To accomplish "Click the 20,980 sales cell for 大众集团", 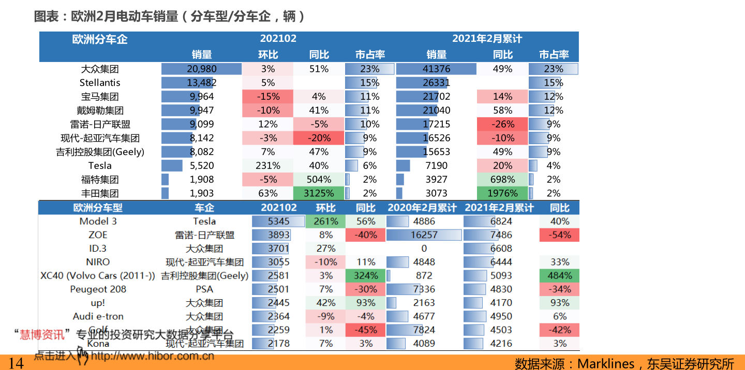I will click(x=201, y=69).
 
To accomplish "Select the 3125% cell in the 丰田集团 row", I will click(x=319, y=193).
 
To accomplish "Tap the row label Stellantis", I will click(x=100, y=83).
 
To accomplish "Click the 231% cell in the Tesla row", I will click(x=267, y=165).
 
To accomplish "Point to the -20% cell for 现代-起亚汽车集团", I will click(x=319, y=138).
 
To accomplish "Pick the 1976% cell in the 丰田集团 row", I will click(x=502, y=193).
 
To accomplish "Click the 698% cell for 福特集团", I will click(x=502, y=179).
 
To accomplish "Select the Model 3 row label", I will click(x=98, y=221).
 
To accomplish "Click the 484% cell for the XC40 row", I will click(x=559, y=275).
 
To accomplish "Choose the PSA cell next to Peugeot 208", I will click(x=204, y=289).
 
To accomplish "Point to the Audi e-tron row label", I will click(x=98, y=316).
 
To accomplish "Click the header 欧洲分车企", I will click(x=100, y=39).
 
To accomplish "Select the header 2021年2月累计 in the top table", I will click(x=487, y=39).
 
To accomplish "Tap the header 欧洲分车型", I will click(x=98, y=208).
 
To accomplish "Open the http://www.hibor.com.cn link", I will click(x=152, y=356).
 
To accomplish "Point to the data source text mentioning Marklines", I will click(x=624, y=364).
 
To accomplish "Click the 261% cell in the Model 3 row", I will click(x=325, y=221).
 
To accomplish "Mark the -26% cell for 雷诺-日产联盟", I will click(x=502, y=124).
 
